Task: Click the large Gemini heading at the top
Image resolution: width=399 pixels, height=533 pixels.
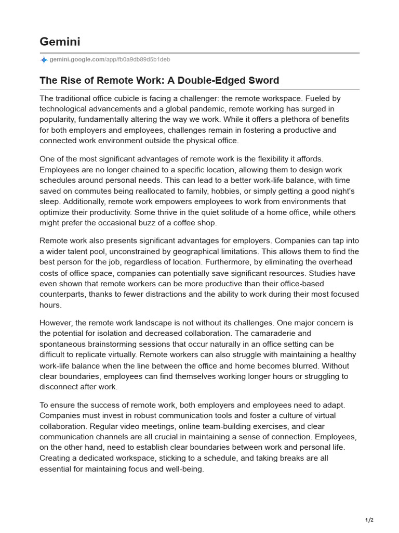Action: click(60, 41)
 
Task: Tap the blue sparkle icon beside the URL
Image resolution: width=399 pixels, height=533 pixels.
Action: click(44, 60)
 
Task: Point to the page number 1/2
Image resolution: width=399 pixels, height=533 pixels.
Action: click(369, 520)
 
